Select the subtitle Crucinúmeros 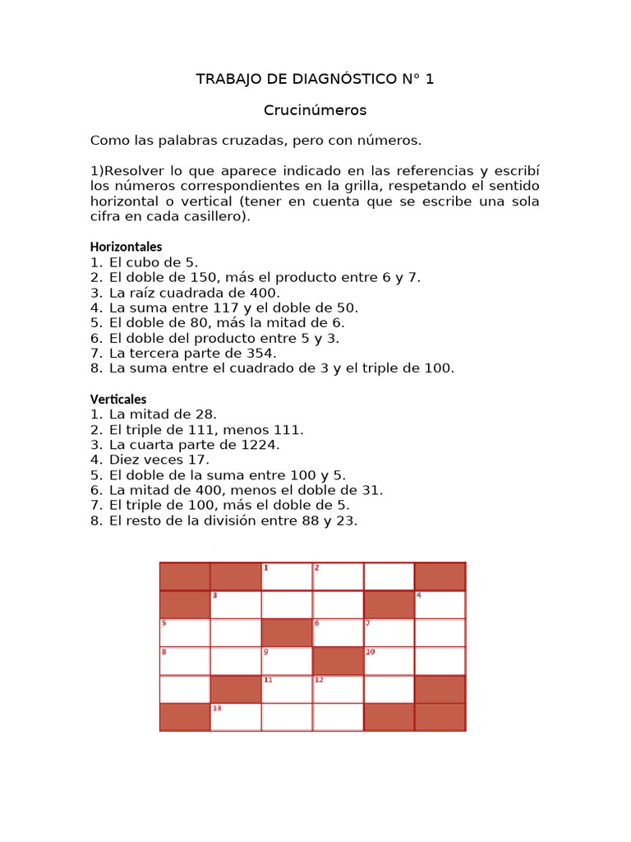coord(315,110)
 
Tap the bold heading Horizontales coord(126,247)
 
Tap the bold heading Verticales coord(118,400)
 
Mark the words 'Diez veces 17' coord(159,460)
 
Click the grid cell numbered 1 coord(286,576)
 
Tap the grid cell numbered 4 coord(440,604)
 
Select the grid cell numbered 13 coord(235,717)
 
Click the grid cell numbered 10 coord(389,660)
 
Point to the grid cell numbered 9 coord(286,660)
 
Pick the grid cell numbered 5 coord(184,632)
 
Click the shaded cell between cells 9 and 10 coord(338,660)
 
